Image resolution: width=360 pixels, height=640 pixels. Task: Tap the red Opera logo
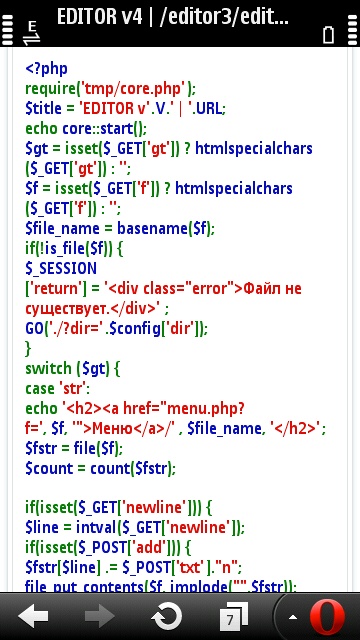click(x=327, y=617)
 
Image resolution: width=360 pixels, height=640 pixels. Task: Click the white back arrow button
click(x=33, y=616)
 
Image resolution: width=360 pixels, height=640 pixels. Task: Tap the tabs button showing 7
click(x=233, y=616)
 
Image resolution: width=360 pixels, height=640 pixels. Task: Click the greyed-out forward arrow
click(x=100, y=616)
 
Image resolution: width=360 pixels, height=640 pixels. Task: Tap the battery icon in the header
click(x=329, y=34)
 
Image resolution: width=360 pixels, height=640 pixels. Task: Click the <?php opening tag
click(x=47, y=69)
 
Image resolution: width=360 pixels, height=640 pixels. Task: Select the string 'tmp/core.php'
click(x=133, y=88)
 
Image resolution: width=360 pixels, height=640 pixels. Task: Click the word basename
click(x=152, y=229)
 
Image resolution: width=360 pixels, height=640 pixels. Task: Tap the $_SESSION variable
click(x=61, y=269)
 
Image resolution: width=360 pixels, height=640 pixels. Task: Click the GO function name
click(x=34, y=329)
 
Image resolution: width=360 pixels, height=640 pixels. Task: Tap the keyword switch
click(x=48, y=369)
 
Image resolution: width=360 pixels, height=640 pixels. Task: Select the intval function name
click(x=96, y=528)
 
